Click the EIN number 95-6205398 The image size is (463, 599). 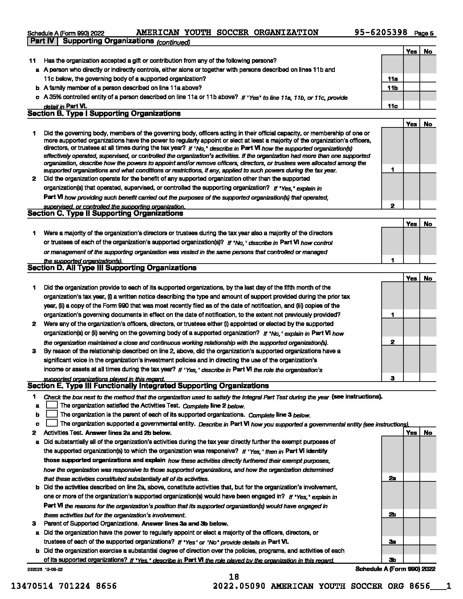[381, 33]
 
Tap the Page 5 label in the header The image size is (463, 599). [424, 33]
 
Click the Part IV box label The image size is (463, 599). [42, 41]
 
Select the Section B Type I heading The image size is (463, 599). [104, 114]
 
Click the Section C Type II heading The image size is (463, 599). [105, 213]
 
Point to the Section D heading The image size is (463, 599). [112, 268]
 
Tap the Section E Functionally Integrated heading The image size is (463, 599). [148, 386]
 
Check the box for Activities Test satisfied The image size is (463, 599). [52, 405]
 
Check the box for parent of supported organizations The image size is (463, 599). [52, 414]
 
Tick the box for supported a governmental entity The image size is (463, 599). [52, 423]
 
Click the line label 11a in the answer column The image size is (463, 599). [392, 79]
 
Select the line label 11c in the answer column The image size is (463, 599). [392, 106]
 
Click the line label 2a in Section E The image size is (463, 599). [392, 478]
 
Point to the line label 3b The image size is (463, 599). [392, 560]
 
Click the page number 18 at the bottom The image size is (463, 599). [234, 577]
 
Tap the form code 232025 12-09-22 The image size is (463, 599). [45, 569]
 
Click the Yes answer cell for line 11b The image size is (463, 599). [411, 88]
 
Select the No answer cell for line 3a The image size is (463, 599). [428, 542]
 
